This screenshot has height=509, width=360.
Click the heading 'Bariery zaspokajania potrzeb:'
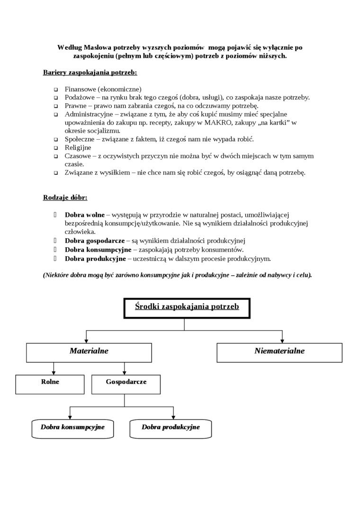point(90,73)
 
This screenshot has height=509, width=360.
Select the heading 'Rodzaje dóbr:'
point(65,197)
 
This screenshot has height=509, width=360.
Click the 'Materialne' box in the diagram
point(89,352)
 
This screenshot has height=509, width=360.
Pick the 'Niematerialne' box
point(279,352)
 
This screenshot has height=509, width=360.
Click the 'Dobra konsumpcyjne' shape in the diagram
point(72,428)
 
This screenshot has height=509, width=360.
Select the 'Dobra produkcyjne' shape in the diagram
point(171,428)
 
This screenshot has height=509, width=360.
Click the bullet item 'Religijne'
point(79,147)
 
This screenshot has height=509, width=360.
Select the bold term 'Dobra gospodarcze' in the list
point(95,241)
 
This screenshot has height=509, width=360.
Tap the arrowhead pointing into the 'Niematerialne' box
point(282,340)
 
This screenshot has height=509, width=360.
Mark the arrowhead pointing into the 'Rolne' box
point(54,372)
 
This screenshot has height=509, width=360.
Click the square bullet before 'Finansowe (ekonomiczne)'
point(55,89)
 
